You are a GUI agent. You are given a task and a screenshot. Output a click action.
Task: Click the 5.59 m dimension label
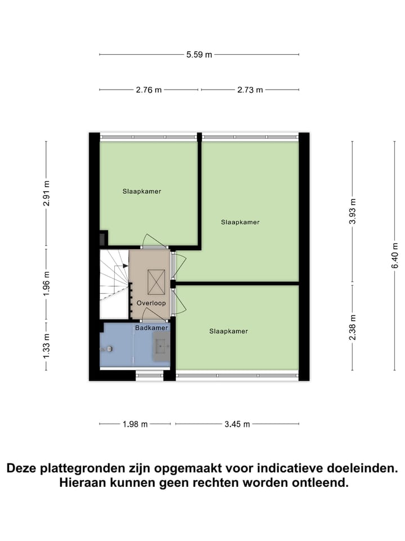(200, 55)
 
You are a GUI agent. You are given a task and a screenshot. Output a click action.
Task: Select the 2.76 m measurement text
(149, 90)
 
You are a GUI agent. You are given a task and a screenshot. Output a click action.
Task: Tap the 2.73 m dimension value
(250, 90)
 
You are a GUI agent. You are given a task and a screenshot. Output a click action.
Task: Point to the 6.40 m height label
(395, 255)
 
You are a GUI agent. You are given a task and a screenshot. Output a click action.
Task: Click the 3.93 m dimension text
(352, 211)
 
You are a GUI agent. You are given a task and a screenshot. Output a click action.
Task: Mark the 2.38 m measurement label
(352, 326)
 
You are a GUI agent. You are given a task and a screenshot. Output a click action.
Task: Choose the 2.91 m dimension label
(47, 193)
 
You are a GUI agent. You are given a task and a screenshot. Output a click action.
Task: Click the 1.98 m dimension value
(136, 424)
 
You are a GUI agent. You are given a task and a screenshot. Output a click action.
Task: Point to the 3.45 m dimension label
(236, 424)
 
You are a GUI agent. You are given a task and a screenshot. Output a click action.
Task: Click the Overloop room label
(151, 303)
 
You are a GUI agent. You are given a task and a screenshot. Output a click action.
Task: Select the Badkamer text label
(151, 327)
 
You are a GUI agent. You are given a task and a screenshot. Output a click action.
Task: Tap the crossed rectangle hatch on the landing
(156, 282)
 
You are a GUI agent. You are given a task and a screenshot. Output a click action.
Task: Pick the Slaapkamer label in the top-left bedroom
(142, 192)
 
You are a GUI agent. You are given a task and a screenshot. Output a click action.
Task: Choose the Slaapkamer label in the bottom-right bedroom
(228, 331)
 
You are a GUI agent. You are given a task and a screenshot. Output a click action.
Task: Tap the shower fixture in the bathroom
(109, 349)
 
